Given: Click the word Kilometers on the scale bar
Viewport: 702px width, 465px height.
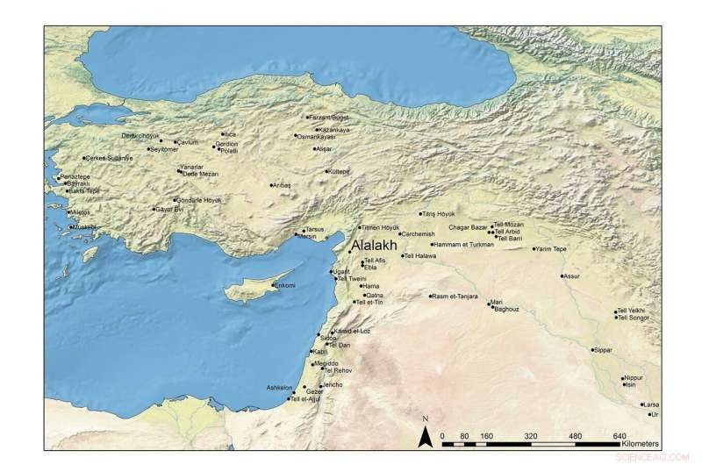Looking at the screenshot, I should click(644, 445).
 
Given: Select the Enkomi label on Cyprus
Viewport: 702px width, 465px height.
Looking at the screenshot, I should click(286, 286).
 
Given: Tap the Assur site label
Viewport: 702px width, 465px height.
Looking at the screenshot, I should click(572, 276).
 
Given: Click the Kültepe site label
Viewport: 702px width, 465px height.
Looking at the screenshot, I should click(339, 172).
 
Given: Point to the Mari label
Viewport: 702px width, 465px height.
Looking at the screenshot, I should click(497, 303).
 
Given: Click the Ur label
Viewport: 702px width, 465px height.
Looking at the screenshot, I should click(653, 412).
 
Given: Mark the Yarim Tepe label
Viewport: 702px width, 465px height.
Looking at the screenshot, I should click(555, 249).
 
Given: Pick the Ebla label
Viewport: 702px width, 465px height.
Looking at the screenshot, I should click(370, 267).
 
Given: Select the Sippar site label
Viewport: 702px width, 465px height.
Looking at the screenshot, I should click(603, 350).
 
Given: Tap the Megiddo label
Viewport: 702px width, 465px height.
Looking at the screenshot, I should click(326, 363).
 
